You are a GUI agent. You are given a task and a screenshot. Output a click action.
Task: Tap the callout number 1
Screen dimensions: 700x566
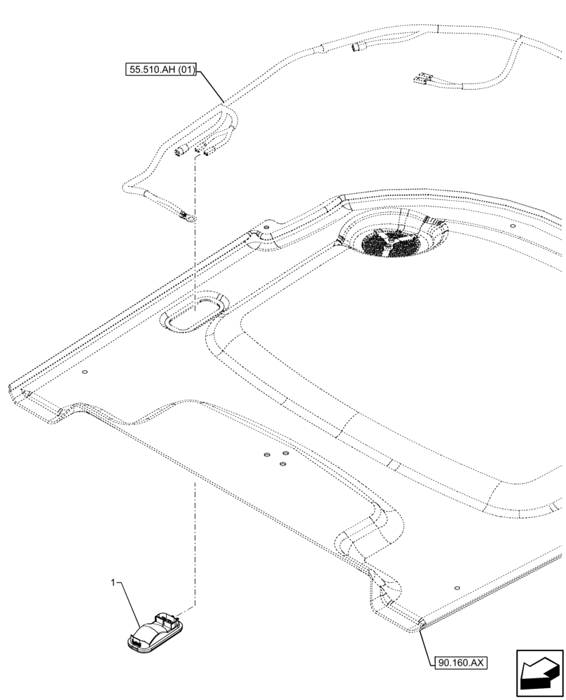(112, 582)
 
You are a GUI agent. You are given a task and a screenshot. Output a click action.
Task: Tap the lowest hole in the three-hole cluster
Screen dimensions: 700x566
(282, 463)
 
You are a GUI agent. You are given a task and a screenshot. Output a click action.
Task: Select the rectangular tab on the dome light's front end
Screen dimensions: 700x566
(135, 638)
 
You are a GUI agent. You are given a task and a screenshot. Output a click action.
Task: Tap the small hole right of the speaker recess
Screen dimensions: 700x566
(513, 227)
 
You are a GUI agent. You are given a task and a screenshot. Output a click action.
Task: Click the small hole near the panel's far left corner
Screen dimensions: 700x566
(84, 373)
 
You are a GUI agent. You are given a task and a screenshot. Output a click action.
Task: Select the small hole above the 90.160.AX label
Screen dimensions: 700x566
(457, 589)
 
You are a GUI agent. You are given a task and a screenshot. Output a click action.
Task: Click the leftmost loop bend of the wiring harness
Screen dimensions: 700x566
(126, 186)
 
